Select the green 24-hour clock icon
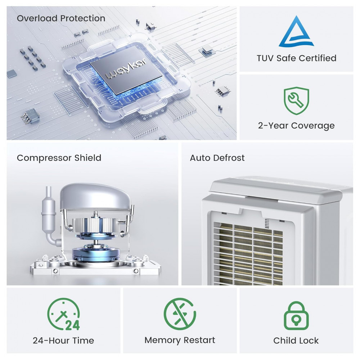point(64,314)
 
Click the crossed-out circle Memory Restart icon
point(180,314)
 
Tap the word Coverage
point(313,126)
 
